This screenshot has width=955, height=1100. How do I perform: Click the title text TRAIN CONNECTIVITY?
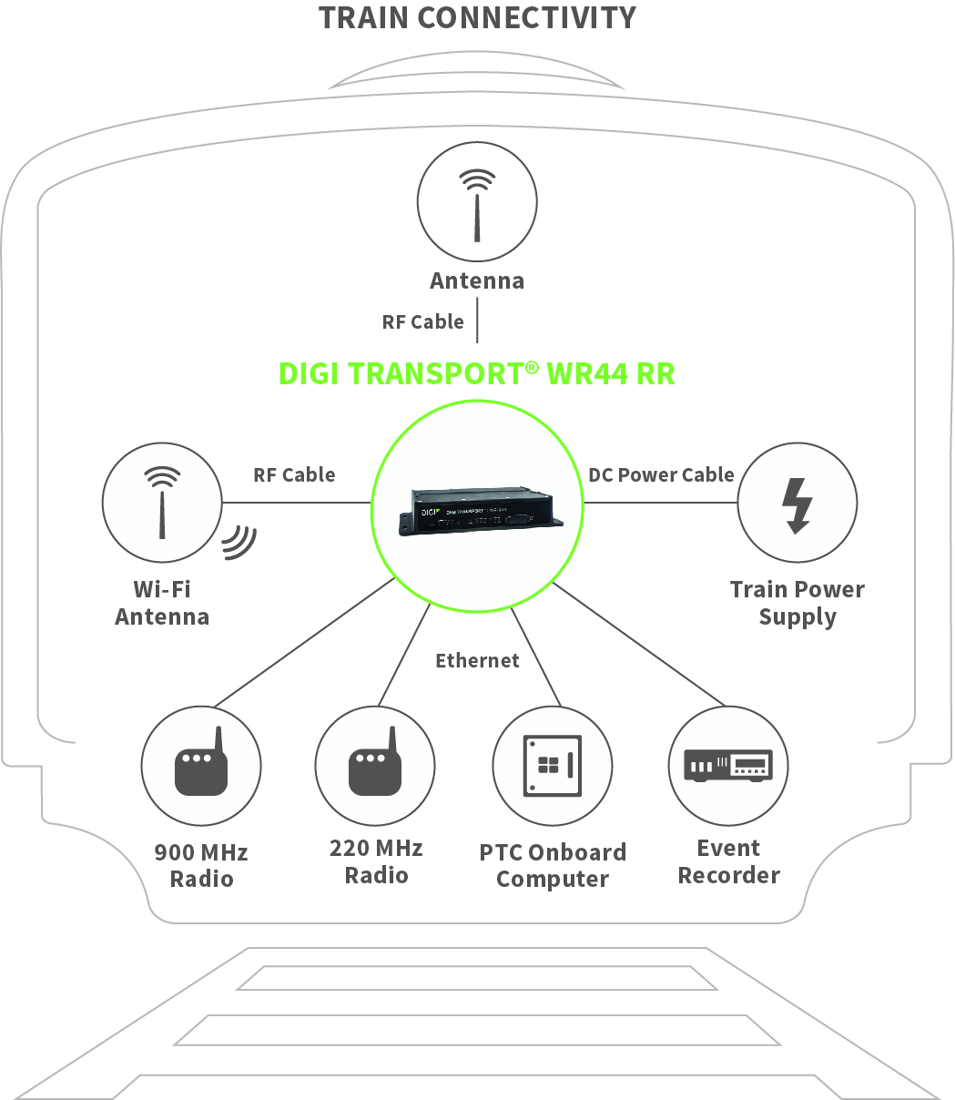[x=477, y=18]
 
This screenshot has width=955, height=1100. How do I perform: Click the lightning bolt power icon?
[x=798, y=503]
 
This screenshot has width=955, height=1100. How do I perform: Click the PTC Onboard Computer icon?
[x=552, y=765]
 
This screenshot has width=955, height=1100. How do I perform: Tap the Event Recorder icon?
[x=727, y=765]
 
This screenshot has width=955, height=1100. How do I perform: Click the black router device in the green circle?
[x=477, y=511]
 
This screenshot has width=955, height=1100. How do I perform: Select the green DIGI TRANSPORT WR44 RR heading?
[x=476, y=374]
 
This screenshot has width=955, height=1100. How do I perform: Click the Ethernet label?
[x=477, y=660]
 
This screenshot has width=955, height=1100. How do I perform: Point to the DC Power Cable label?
[x=661, y=474]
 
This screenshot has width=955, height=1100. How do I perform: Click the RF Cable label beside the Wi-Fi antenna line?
[x=294, y=474]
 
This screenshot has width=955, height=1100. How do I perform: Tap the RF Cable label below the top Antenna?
[x=422, y=321]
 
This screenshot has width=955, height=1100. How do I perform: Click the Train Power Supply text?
[x=797, y=603]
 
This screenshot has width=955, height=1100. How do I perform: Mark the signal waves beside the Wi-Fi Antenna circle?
[x=240, y=542]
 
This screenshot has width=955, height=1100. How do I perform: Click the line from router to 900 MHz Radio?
[x=305, y=643]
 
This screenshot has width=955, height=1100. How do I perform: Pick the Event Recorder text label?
[x=728, y=861]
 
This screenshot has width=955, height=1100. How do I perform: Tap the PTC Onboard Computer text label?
[x=553, y=865]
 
